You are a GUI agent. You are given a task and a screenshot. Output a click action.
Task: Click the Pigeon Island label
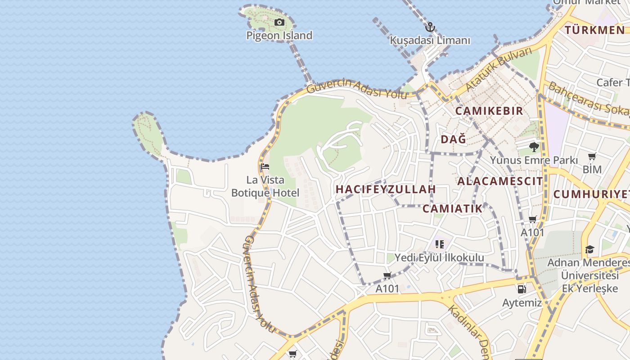279,36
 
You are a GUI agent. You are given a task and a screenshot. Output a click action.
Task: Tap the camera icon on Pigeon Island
279,22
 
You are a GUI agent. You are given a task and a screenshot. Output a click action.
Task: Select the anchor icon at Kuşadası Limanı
430,27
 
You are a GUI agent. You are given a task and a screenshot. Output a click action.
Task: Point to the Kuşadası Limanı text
430,40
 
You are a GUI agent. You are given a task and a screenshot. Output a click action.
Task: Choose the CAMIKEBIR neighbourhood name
489,111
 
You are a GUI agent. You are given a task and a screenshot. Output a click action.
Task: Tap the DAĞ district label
453,139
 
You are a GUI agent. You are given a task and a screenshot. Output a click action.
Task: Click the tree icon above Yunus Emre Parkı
534,147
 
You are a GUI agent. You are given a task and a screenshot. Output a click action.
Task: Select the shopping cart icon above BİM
592,157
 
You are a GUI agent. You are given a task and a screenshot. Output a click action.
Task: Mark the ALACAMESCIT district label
500,181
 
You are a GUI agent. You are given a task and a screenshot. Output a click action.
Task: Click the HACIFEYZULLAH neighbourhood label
386,189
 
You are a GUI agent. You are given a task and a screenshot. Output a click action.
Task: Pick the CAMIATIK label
452,208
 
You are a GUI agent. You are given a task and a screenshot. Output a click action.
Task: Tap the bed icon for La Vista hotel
265,167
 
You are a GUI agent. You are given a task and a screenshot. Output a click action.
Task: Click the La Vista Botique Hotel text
265,187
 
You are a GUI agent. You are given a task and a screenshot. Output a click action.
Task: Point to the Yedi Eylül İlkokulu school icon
440,244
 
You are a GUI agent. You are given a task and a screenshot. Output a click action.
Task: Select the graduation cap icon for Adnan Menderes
589,249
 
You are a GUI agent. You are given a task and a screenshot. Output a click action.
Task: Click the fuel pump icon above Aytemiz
522,289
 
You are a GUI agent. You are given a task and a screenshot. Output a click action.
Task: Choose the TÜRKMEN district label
594,30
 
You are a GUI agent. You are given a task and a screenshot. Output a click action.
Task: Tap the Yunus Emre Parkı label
534,160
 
